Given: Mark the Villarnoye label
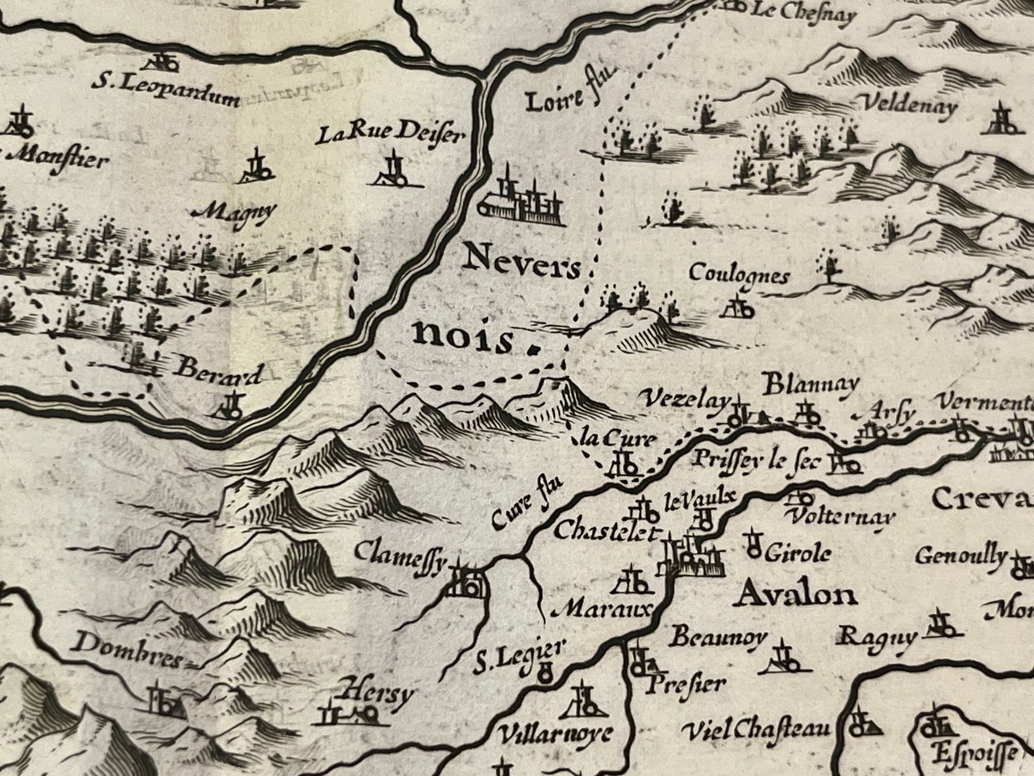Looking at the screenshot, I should coord(555,736).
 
